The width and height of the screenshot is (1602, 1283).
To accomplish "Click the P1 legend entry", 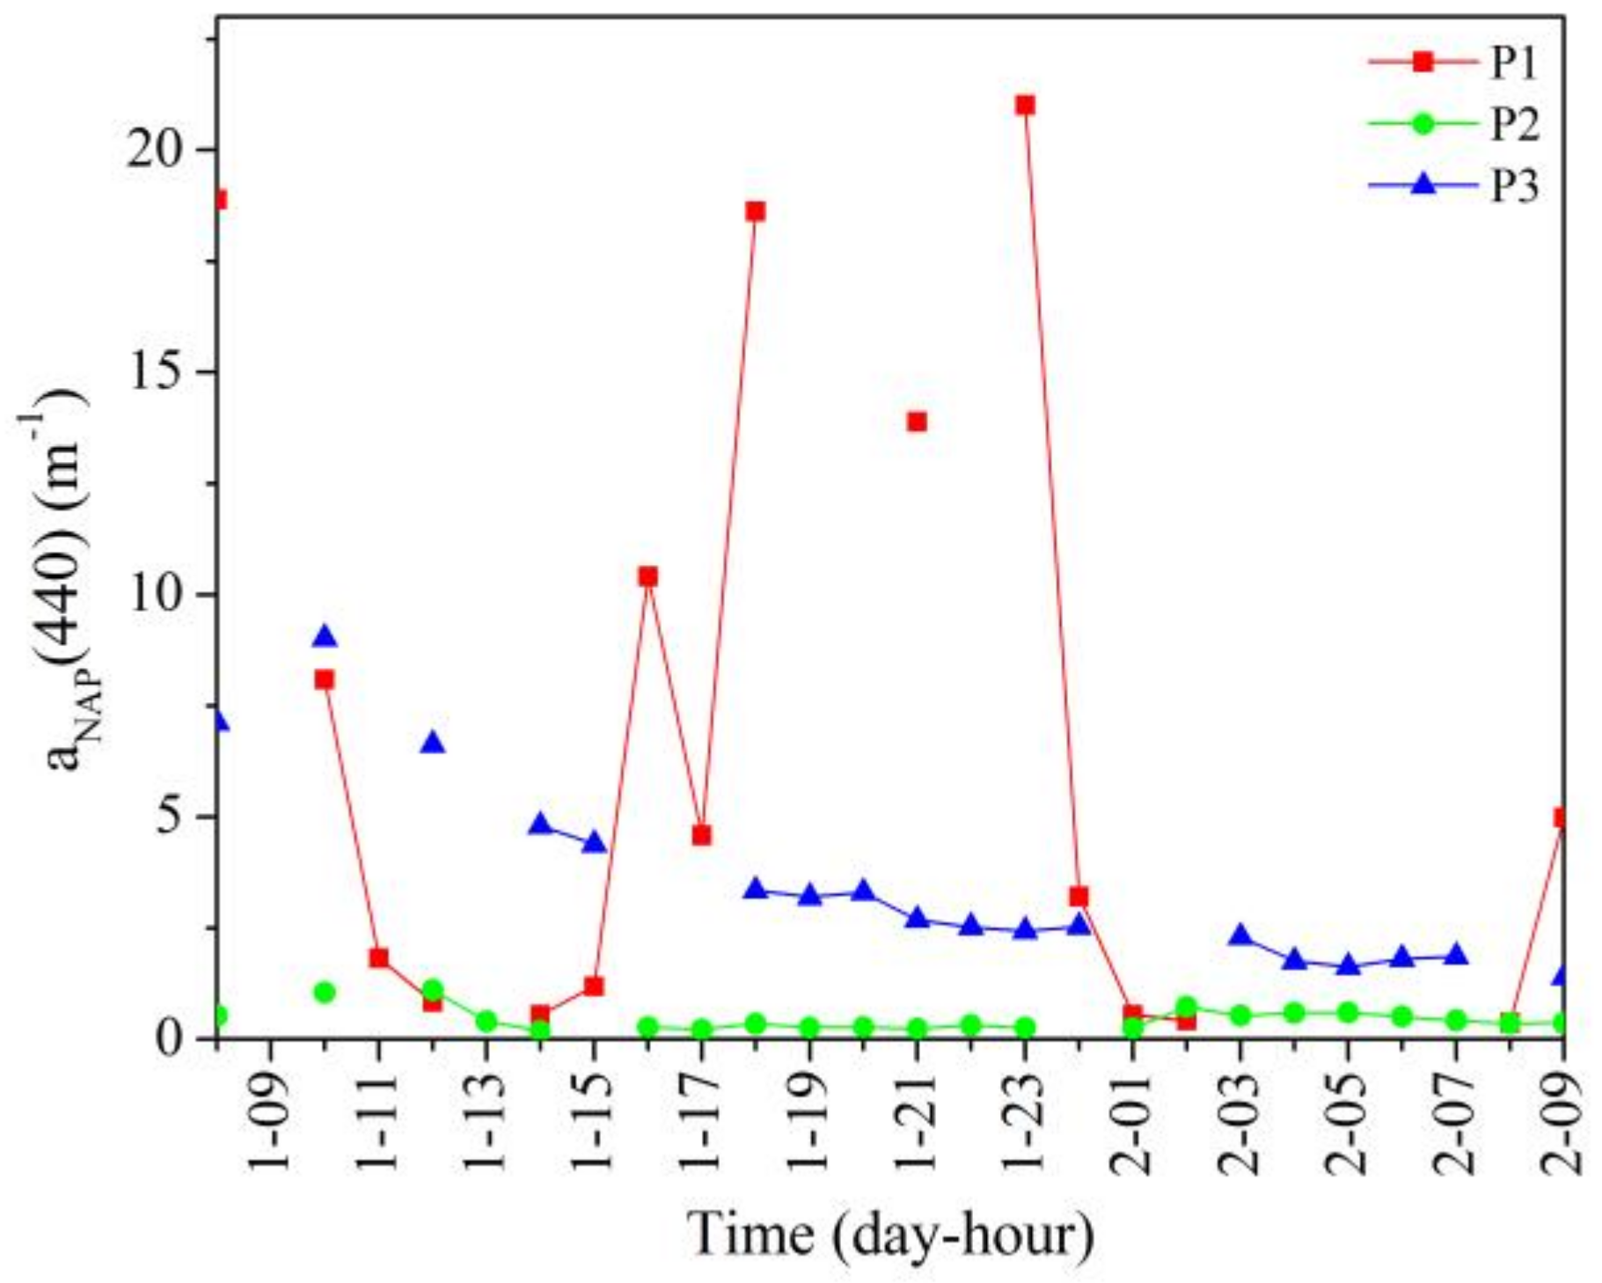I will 1452,62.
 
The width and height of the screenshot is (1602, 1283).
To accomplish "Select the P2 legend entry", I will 1452,124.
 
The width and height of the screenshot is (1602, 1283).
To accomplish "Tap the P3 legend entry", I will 1452,186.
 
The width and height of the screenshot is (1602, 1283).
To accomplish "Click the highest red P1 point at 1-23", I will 1024,106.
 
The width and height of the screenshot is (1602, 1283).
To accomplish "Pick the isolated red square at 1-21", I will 917,422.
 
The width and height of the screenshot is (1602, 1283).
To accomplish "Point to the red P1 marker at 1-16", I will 647,576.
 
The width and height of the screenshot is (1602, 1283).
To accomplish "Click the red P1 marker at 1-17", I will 701,835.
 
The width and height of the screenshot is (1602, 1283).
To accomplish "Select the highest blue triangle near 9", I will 325,636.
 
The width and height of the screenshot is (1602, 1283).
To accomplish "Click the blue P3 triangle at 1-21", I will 917,918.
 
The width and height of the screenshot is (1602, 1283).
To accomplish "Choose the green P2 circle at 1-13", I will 486,1021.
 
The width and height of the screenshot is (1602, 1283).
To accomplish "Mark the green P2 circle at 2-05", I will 1348,1013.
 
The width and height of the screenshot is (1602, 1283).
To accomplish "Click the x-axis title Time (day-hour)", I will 890,1235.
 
